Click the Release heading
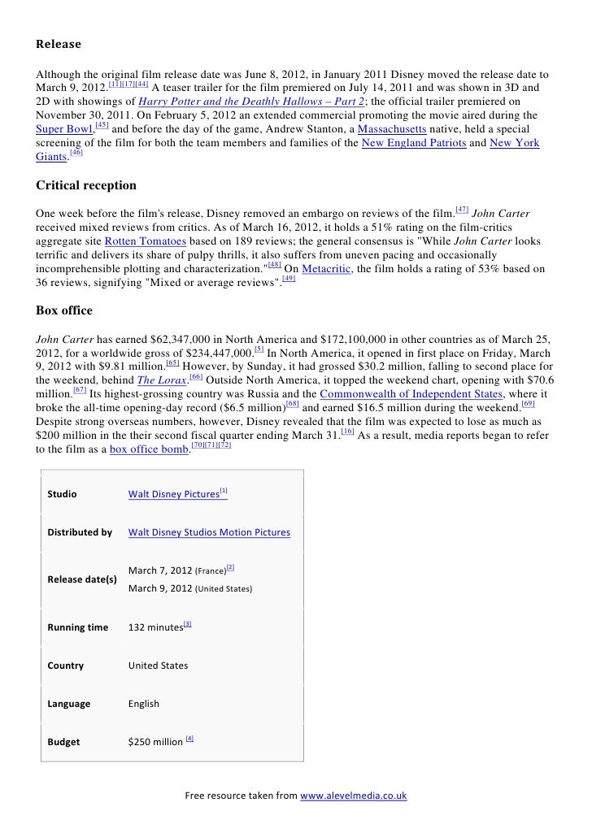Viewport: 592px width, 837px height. click(59, 44)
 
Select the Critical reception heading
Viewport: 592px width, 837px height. click(86, 185)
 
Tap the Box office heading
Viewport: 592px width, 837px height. click(64, 310)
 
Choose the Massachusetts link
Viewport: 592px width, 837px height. click(392, 129)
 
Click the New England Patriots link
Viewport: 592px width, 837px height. click(414, 143)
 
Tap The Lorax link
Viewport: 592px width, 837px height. click(160, 381)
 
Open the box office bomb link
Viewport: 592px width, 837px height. click(148, 449)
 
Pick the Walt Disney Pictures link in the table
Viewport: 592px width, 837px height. click(174, 494)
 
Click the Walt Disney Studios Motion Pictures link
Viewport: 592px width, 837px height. click(209, 532)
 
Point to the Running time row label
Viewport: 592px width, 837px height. click(78, 627)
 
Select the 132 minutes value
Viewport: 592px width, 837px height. click(155, 627)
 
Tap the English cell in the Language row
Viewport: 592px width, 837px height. click(144, 704)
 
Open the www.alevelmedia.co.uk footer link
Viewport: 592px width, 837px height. click(353, 796)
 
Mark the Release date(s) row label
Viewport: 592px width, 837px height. click(83, 579)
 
